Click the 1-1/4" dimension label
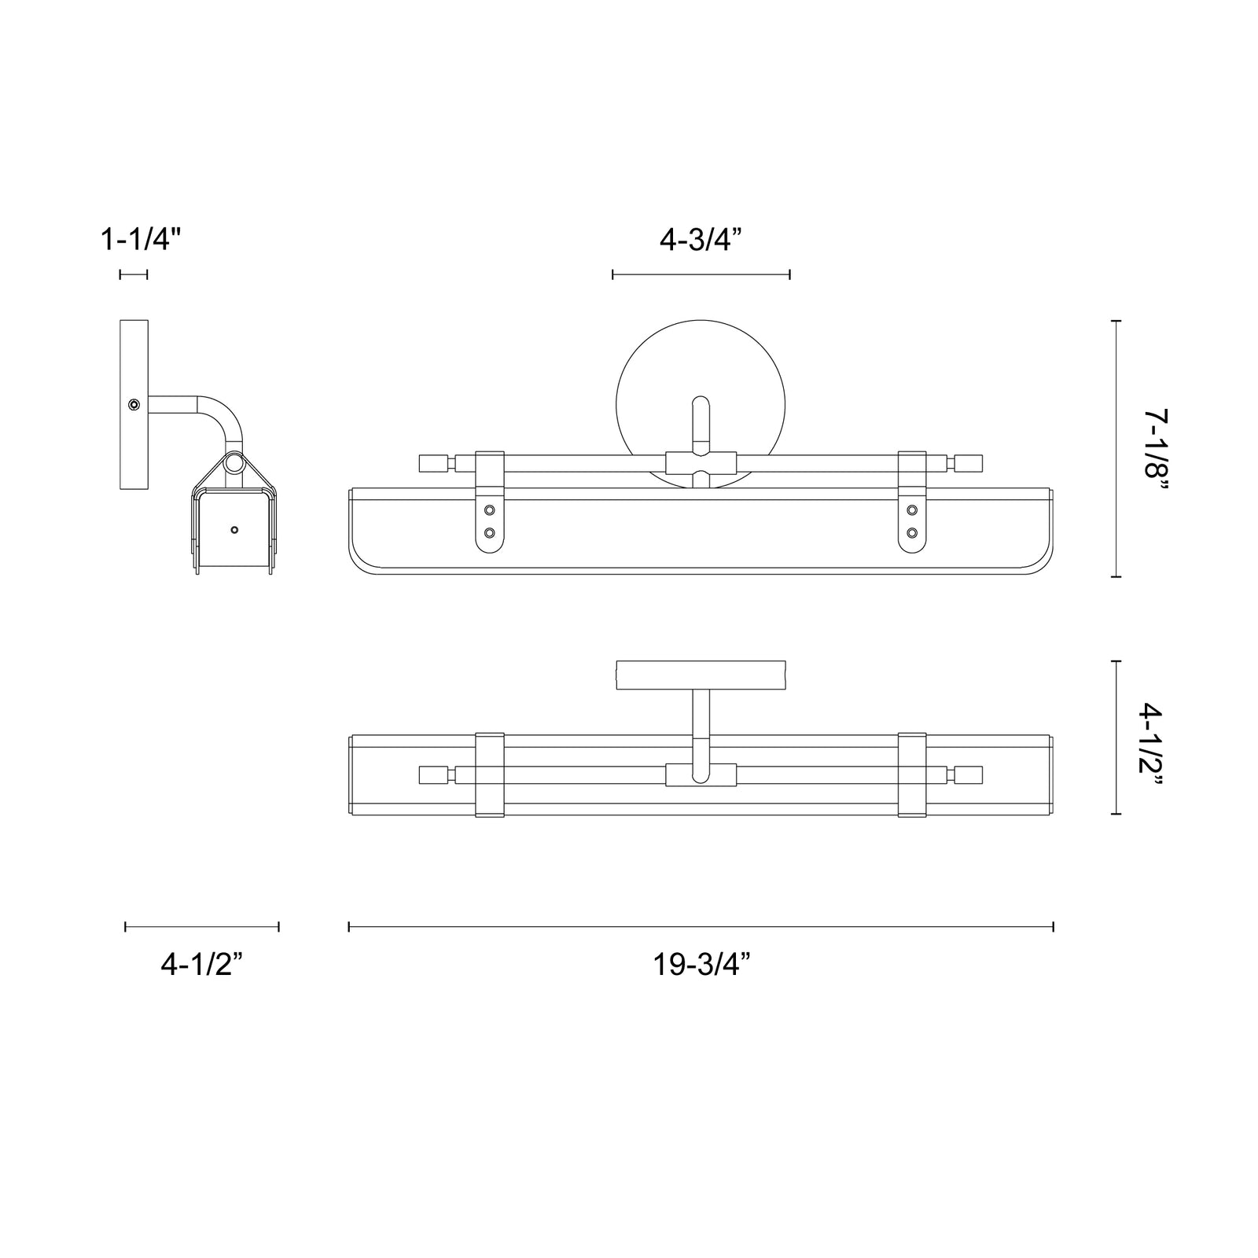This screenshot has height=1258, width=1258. tap(142, 239)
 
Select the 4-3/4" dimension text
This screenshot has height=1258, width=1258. tap(701, 239)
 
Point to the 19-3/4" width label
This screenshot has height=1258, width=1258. tap(702, 965)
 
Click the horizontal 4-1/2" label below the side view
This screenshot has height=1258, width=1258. tap(201, 965)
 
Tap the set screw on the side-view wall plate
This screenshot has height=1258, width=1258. tap(135, 405)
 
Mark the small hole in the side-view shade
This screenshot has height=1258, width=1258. tap(234, 530)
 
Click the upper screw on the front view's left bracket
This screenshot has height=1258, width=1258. tap(490, 510)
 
